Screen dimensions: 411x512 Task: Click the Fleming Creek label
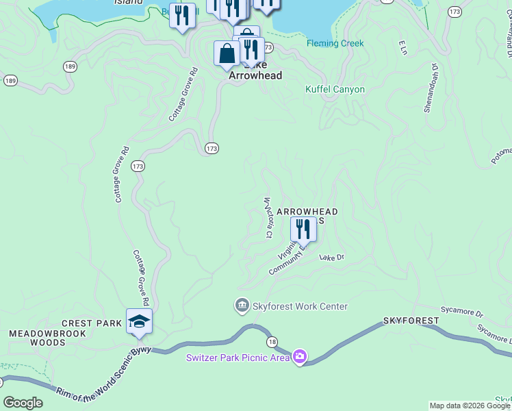[x=335, y=43]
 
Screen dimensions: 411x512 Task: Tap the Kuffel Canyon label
[x=335, y=90]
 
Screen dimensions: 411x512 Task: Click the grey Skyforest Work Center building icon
[x=242, y=306]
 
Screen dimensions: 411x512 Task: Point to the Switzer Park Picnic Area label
[x=238, y=357]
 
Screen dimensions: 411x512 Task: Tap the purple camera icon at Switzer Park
[x=299, y=356]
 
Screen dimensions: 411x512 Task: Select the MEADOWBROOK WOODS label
[x=47, y=338]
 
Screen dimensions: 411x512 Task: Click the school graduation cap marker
[x=139, y=322]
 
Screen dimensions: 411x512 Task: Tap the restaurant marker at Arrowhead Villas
[x=303, y=229]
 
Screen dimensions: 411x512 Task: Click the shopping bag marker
[x=227, y=53]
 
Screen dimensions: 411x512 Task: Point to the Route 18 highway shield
[x=272, y=342]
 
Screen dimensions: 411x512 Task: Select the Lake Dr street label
[x=331, y=258]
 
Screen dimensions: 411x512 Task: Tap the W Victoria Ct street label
[x=268, y=217]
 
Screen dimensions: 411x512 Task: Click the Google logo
[x=23, y=403]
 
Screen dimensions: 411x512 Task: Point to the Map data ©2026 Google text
[x=470, y=406]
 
